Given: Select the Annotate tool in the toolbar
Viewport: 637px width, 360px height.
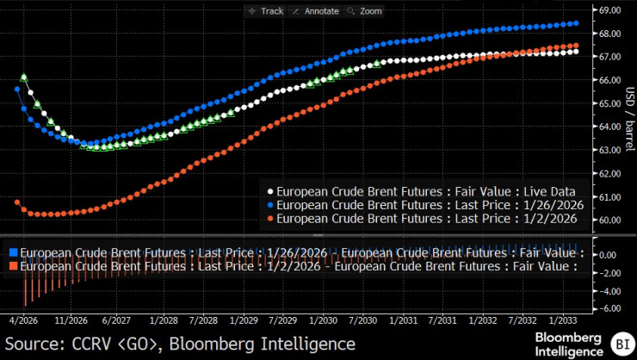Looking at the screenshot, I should [x=316, y=10].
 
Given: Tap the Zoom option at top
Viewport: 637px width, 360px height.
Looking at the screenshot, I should [x=367, y=10].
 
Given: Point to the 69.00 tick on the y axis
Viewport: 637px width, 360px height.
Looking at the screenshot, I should [x=609, y=10].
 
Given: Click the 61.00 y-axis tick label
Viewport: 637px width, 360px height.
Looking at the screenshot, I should [x=609, y=196].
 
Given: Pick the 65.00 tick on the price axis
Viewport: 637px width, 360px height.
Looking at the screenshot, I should [x=609, y=103].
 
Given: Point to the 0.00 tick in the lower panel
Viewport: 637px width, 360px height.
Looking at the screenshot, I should [x=609, y=255].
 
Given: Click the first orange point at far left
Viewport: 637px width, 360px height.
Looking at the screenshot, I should [x=17, y=202].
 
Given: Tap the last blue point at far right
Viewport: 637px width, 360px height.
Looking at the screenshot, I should [x=575, y=23].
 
